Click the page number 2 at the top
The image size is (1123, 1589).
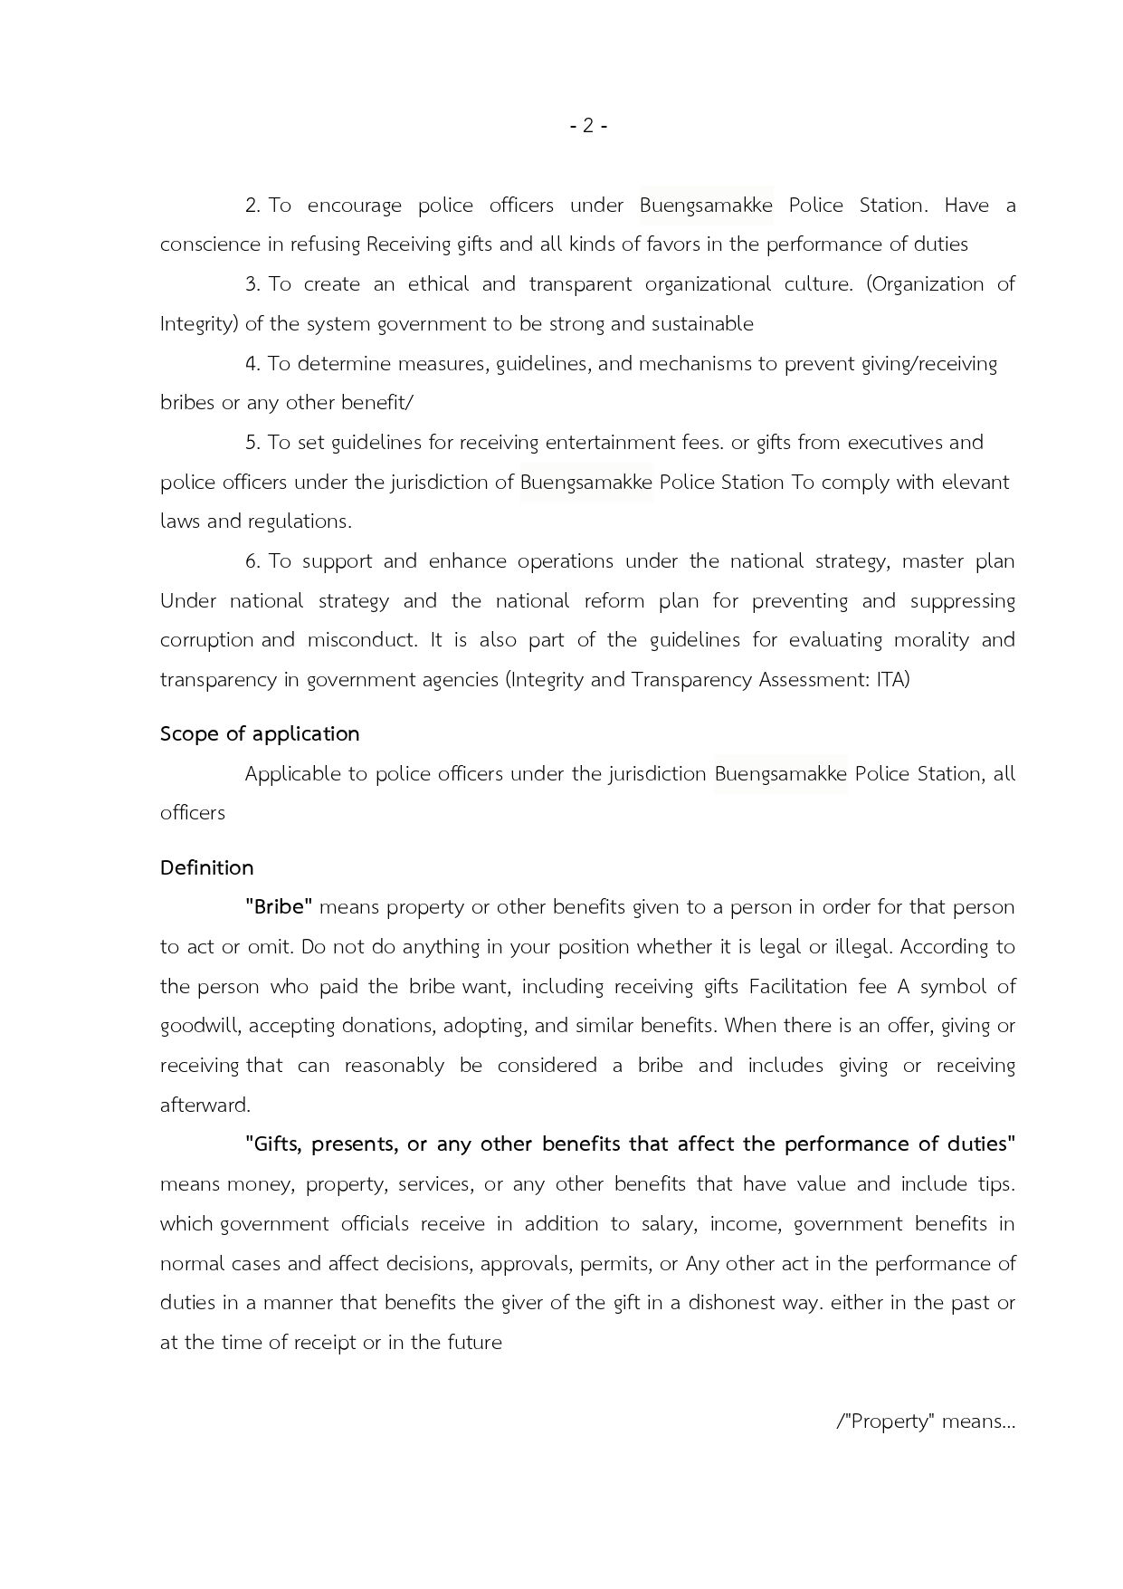(588, 126)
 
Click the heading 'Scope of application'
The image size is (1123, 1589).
(260, 733)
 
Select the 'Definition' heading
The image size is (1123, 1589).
(206, 867)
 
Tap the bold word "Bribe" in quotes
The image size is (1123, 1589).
(279, 907)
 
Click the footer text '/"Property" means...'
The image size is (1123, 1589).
(926, 1421)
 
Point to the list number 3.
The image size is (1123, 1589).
(252, 284)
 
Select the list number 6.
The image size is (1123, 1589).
(252, 561)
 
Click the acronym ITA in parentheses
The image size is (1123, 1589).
(890, 679)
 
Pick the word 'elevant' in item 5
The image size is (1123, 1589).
(975, 482)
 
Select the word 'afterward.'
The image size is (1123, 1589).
(205, 1105)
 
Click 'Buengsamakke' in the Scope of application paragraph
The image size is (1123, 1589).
(780, 774)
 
